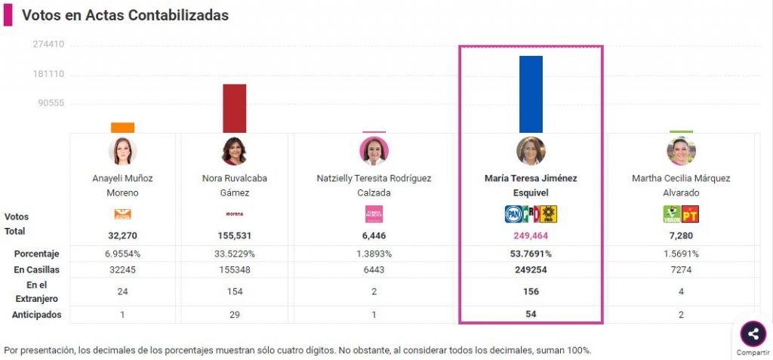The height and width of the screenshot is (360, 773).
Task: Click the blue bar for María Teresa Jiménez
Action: click(x=531, y=94)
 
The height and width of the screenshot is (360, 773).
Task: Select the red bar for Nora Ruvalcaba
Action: click(x=234, y=108)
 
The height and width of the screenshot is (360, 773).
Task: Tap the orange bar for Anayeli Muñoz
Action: click(x=122, y=128)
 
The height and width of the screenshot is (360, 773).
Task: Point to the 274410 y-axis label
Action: click(x=48, y=45)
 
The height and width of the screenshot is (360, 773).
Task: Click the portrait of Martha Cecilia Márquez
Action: click(x=681, y=151)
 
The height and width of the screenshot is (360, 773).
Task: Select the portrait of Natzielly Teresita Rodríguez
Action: click(x=374, y=151)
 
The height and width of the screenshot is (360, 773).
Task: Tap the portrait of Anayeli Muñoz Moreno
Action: click(x=122, y=151)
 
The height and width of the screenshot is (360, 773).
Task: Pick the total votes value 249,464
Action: click(x=531, y=236)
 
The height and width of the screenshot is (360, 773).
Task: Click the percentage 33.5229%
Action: click(x=234, y=254)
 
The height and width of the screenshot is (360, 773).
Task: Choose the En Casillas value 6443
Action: click(x=374, y=269)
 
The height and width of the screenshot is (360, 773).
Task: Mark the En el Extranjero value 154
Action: click(x=234, y=291)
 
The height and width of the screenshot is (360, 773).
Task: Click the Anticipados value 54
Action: click(x=531, y=314)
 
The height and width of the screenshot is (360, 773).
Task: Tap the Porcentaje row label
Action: click(x=36, y=254)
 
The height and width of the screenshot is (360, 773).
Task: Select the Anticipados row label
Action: click(x=36, y=314)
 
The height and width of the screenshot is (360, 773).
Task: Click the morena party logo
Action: click(x=234, y=214)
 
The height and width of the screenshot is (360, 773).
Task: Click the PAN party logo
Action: click(x=514, y=214)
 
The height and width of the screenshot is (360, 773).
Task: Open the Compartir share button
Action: click(x=753, y=334)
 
